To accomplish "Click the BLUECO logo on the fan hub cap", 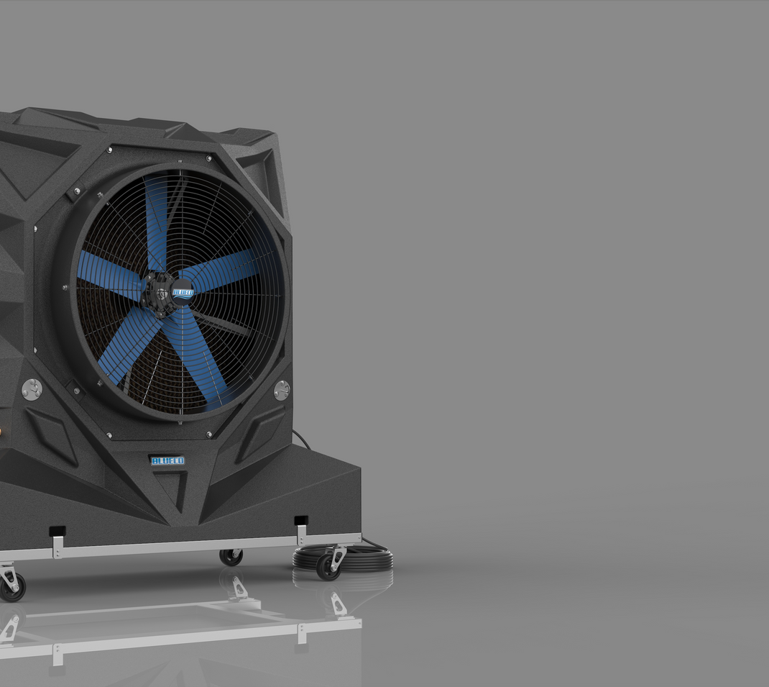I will (183, 293).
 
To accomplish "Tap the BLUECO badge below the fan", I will (167, 460).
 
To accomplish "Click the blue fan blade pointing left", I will (108, 274).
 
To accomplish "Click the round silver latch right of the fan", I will (282, 391).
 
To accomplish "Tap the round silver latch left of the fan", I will (32, 389).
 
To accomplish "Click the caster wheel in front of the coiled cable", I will (329, 566).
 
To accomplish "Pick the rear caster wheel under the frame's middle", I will (231, 557).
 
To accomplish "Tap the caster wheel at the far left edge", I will (12, 586).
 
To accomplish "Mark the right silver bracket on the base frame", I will (301, 533).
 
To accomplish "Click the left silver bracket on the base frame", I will (57, 545).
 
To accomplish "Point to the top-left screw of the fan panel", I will (109, 150).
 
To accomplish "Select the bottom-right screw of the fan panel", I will (209, 435).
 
